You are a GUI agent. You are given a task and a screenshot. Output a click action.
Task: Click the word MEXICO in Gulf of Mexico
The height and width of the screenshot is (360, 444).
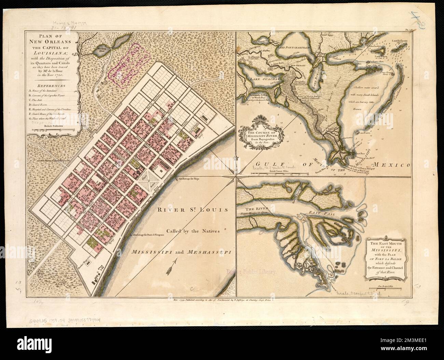(x=391, y=165)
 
